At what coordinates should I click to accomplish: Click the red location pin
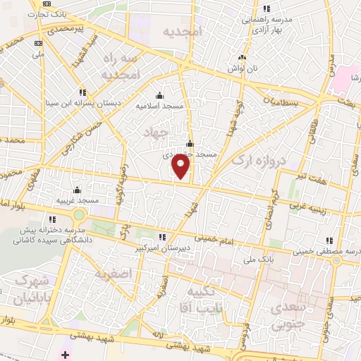coord(181,167)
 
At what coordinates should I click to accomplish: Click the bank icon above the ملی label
coord(38,44)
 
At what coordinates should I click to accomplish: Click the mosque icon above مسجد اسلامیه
coord(159,96)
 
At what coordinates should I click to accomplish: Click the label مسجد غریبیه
coord(77,200)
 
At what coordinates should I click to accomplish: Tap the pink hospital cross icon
coord(66,353)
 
